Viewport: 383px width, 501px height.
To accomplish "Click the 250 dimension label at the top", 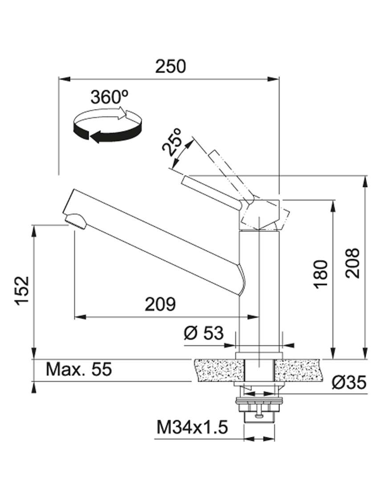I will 170,66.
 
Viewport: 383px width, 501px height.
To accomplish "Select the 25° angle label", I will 174,141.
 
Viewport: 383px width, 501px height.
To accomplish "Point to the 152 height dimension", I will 21,290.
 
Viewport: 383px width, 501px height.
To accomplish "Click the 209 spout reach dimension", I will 160,304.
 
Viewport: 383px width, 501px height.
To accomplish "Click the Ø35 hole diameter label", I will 349,382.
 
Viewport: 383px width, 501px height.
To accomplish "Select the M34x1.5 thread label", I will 192,428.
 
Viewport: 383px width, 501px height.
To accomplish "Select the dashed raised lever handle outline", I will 227,174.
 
